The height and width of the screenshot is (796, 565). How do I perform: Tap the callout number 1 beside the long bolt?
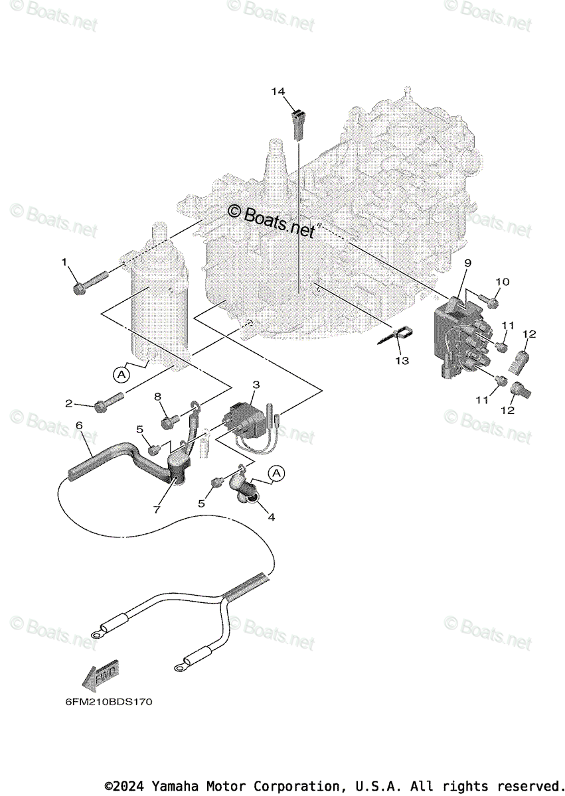point(65,263)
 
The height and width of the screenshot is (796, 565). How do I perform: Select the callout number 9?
point(467,263)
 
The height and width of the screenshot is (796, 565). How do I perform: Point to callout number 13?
point(402,360)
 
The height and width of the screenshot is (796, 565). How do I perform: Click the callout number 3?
point(256,384)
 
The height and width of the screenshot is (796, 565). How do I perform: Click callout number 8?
point(157,397)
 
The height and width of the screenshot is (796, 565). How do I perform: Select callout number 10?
point(503,282)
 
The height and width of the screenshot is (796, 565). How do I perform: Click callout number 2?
point(69,403)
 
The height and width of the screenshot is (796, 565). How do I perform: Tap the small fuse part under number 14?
point(298,124)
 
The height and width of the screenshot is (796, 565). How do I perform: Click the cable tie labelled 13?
point(396,336)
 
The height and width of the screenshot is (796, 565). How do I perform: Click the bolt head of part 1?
point(80,288)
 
